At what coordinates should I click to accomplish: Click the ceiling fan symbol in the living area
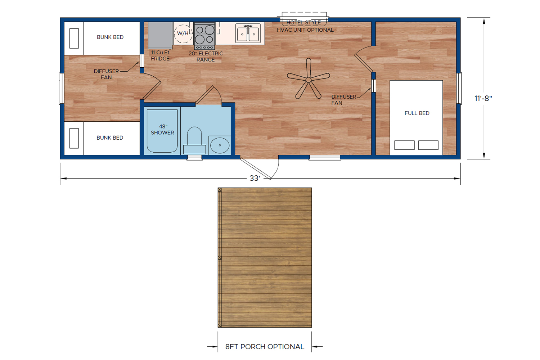(309, 80)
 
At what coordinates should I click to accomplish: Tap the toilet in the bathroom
(194, 140)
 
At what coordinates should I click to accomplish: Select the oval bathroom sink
(220, 145)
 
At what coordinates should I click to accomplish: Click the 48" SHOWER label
(162, 130)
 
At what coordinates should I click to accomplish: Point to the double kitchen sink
(248, 33)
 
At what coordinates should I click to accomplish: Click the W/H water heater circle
(183, 33)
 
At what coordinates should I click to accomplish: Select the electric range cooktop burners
(204, 35)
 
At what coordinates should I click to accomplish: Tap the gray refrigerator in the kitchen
(160, 35)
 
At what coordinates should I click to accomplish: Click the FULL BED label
(417, 113)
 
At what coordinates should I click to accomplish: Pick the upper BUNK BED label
(110, 37)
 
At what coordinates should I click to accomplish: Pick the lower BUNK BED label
(110, 138)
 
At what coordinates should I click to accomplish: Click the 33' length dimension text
(255, 179)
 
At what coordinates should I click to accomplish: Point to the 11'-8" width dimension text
(483, 98)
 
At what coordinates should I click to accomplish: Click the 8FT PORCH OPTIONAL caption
(265, 347)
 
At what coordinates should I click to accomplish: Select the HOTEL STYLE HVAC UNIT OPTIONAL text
(305, 26)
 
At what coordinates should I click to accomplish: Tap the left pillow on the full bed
(404, 145)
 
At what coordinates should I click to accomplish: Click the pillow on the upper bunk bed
(74, 38)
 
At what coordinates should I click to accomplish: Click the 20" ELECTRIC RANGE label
(206, 57)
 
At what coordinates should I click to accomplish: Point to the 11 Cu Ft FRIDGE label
(160, 55)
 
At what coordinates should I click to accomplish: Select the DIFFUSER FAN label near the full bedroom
(343, 100)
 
